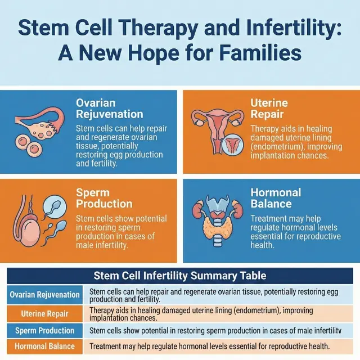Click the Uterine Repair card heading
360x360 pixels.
pos(269,109)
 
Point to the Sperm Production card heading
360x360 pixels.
pos(104,198)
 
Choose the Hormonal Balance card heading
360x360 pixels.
pos(276,198)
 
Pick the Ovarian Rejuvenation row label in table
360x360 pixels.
pos(45,295)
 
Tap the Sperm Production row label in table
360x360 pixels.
pos(45,330)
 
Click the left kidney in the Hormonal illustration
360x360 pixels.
pos(199,209)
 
